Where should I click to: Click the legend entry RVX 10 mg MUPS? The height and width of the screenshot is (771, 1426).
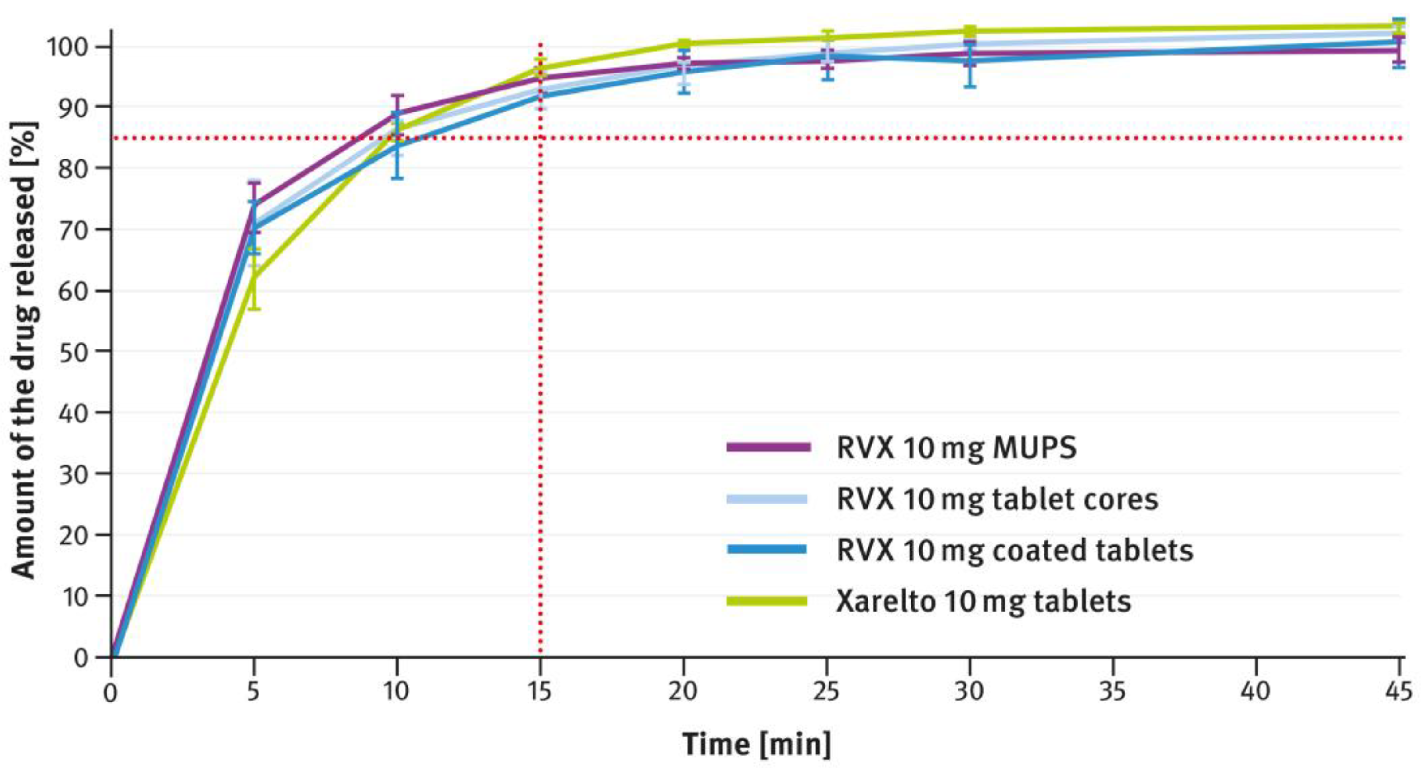pos(956,448)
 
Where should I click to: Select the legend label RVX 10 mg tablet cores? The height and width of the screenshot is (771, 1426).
pos(996,499)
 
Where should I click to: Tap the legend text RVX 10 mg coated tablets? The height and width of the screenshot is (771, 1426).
pos(1014,550)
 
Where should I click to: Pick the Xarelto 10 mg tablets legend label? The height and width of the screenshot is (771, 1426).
pos(983,601)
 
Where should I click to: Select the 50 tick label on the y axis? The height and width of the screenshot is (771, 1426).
pos(74,351)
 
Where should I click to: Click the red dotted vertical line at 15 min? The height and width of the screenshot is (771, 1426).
pos(540,388)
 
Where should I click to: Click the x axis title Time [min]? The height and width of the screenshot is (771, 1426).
pos(756,744)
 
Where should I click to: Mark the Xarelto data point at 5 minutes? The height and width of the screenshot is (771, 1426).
pos(253,279)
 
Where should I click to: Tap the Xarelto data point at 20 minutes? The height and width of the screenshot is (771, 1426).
pos(683,43)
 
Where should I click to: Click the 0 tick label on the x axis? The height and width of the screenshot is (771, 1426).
pos(111,692)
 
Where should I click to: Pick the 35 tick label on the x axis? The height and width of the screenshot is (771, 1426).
pos(1112,691)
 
